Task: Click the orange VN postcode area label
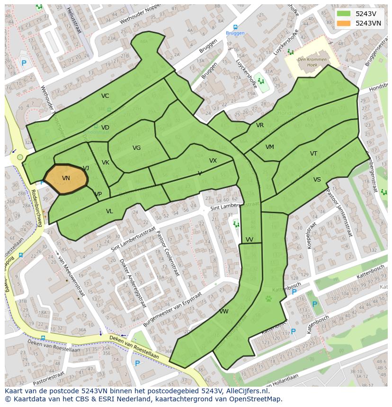[66, 178]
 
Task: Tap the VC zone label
[105, 96]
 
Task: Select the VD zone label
[105, 128]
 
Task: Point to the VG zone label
[136, 148]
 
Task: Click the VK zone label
[106, 163]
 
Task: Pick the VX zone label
[213, 161]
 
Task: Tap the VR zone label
[260, 125]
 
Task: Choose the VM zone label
[270, 147]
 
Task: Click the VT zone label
[314, 154]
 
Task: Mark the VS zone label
[317, 180]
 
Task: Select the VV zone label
[249, 240]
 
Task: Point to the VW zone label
[224, 312]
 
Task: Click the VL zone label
[109, 211]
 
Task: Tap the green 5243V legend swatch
[344, 14]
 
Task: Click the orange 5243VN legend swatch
[344, 23]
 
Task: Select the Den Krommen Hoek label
[312, 62]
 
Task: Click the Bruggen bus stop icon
[235, 27]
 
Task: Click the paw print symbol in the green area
[268, 299]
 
